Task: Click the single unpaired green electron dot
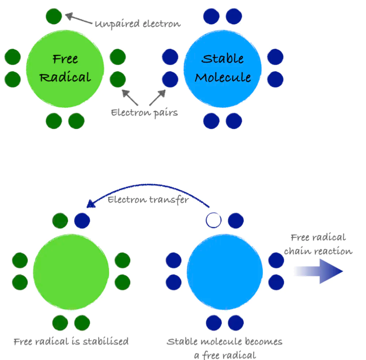54,17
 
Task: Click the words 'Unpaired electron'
138,24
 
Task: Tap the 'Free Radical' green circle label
65,68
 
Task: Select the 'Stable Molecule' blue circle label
223,68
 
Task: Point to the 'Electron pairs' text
144,113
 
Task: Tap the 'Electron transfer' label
148,199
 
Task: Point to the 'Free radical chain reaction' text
318,244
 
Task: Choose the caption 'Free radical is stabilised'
71,341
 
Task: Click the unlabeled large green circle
71,271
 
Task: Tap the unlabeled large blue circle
224,271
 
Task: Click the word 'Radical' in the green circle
65,77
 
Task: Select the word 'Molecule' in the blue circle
223,77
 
